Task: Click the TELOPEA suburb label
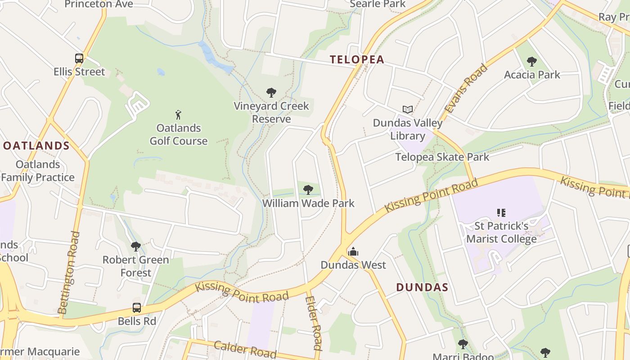coord(357,59)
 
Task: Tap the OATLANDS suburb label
coord(36,146)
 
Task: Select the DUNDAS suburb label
coord(422,288)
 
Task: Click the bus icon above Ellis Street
coord(79,58)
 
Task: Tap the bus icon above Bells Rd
coord(137,308)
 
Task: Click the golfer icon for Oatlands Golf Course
coord(179,114)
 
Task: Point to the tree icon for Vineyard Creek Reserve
coord(271,93)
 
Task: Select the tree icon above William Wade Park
coord(308,189)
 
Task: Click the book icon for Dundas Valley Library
coord(408,109)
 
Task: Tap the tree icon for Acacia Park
coord(532,61)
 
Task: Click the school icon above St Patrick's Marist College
coord(501,212)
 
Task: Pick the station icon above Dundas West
coord(353,251)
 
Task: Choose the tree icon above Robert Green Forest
coord(135,246)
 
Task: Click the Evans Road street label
coord(466,88)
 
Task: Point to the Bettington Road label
coord(69,272)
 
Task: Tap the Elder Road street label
coord(313,322)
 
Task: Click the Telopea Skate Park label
coord(442,157)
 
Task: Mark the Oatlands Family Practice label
coord(38,171)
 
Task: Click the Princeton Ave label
coord(99,4)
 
